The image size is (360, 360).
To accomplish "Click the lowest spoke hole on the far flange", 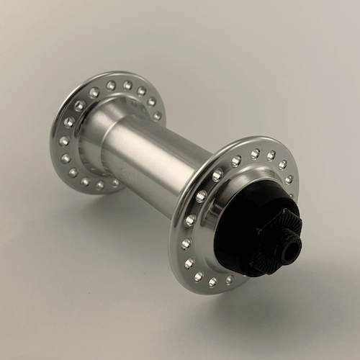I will [x=100, y=185].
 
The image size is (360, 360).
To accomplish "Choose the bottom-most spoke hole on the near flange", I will [x=213, y=282].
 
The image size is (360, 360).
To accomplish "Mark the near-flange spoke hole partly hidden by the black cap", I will [x=289, y=179].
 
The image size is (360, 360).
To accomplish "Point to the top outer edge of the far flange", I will [x=108, y=73].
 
